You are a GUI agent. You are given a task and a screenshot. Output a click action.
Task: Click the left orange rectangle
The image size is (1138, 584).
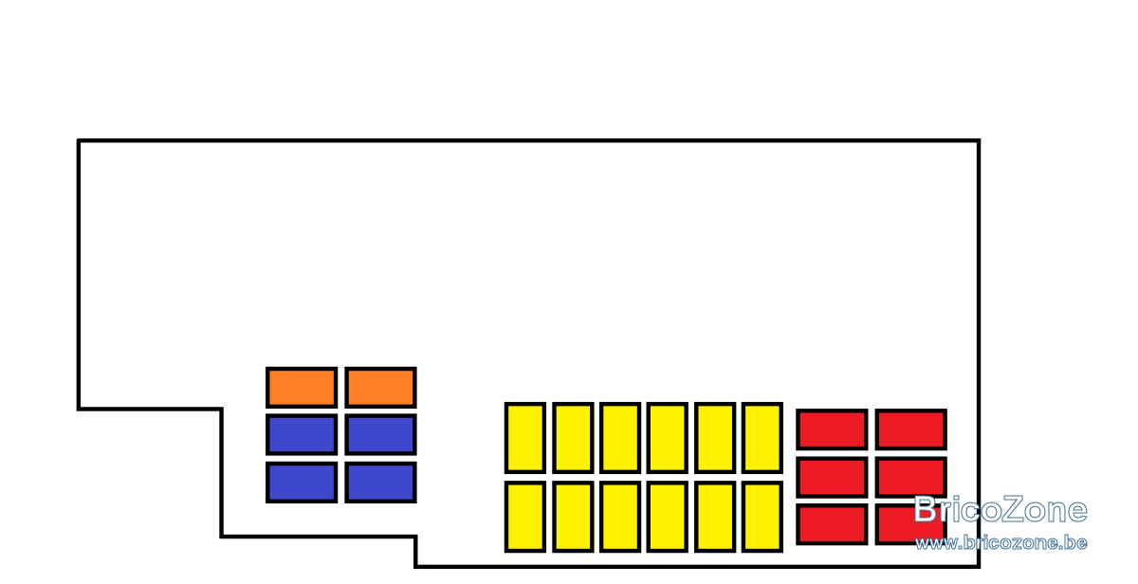(x=302, y=388)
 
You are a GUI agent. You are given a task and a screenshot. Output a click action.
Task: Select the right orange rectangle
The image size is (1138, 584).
(x=380, y=388)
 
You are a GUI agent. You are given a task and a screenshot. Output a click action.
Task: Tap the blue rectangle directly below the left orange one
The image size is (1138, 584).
(x=302, y=435)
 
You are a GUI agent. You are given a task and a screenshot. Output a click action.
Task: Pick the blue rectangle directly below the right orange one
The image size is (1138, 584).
(x=380, y=435)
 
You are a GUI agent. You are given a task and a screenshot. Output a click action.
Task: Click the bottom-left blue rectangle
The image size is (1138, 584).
(x=302, y=483)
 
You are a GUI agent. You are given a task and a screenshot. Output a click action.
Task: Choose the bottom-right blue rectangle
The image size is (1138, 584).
(x=380, y=483)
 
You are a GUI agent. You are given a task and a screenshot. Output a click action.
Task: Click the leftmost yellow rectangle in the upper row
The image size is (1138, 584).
(x=525, y=438)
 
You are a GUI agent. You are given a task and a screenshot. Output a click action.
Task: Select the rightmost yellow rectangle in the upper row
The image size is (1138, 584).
(x=762, y=438)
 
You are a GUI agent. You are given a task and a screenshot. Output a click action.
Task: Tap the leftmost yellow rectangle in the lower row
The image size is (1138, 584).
(x=525, y=517)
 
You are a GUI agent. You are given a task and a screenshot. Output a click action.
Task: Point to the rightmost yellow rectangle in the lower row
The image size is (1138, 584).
(x=762, y=517)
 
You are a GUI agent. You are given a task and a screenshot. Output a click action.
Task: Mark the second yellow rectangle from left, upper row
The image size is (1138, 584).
(x=573, y=438)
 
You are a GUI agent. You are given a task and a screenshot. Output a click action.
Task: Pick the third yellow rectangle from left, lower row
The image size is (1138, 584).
(x=620, y=517)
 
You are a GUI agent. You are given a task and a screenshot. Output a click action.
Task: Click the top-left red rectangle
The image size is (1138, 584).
(x=832, y=429)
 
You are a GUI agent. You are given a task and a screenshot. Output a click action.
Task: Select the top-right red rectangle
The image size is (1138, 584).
(x=911, y=429)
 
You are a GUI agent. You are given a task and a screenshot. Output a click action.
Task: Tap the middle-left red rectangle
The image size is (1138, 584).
(x=832, y=478)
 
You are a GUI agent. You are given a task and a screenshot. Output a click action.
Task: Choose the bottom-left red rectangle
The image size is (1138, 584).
(x=832, y=524)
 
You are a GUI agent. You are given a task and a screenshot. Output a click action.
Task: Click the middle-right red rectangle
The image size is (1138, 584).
(x=911, y=478)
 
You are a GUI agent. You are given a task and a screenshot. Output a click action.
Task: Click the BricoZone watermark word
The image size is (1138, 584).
(x=1000, y=509)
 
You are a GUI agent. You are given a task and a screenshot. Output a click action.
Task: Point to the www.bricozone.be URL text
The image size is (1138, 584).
(x=1001, y=543)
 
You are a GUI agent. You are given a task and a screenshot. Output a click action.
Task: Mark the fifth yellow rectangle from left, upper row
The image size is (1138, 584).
(x=715, y=438)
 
